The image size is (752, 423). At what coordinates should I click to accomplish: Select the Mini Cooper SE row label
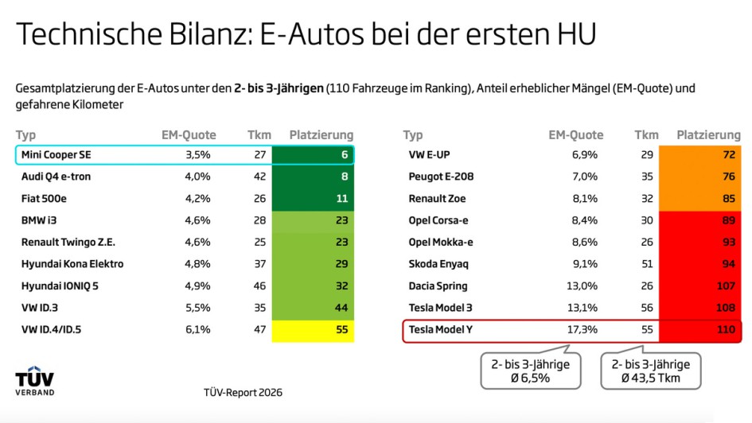55,155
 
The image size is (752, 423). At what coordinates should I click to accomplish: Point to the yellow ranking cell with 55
313,329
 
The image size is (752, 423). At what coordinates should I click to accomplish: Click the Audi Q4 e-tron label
56,177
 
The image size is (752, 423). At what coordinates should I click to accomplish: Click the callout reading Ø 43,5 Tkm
651,370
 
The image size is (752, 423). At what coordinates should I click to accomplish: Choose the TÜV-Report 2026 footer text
243,392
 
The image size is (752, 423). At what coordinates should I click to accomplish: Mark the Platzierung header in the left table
321,135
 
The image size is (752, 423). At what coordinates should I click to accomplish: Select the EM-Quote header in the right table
575,135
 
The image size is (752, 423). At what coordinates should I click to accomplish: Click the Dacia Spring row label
438,285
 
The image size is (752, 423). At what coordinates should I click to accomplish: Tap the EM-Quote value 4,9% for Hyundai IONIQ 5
195,285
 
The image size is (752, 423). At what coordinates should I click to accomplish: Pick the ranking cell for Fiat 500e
313,199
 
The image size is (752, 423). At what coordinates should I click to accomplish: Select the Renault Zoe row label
437,199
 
